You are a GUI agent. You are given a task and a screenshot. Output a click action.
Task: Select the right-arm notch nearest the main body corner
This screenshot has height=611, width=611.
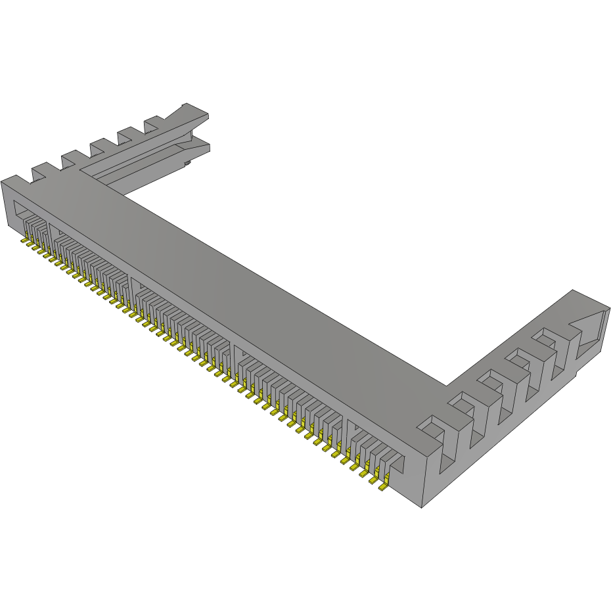(431, 426)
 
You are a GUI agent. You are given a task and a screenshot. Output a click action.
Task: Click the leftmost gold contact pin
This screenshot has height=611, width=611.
(24, 242)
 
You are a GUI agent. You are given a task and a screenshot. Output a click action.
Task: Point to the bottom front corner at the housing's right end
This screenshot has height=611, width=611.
(422, 507)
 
